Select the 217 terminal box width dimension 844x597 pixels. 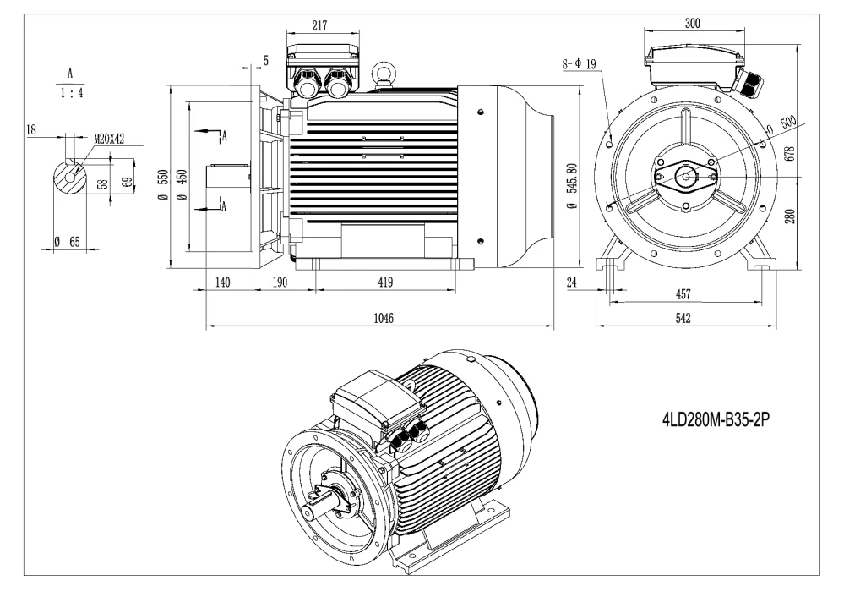pos(319,26)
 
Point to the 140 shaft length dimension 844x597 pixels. pos(223,282)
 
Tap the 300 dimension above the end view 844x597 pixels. pos(692,23)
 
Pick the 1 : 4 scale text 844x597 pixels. pos(71,96)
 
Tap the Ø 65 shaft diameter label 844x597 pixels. pos(67,242)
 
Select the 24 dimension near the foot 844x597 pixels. pos(572,282)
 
